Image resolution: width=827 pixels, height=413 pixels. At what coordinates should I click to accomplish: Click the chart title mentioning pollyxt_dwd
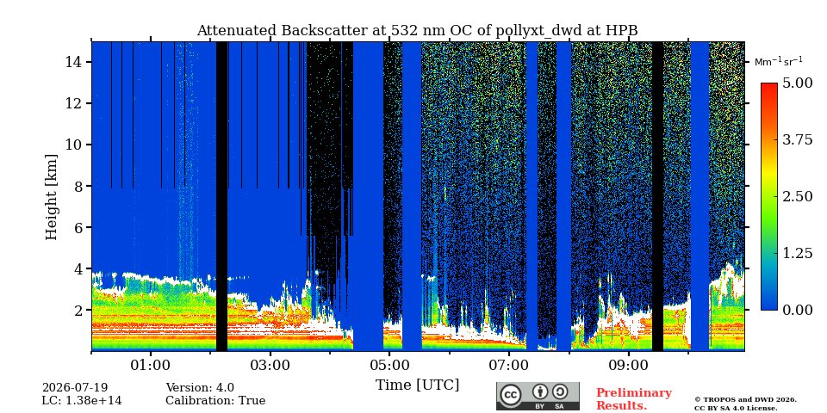(417, 31)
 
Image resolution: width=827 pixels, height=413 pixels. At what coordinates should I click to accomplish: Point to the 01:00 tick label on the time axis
(151, 365)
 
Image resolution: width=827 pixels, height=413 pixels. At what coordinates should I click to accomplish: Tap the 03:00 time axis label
(270, 365)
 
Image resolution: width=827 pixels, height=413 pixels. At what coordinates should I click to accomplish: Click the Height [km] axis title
(51, 197)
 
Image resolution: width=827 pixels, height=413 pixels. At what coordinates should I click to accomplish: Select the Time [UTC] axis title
(417, 385)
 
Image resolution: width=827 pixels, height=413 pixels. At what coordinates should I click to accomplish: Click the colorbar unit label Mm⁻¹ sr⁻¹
(779, 62)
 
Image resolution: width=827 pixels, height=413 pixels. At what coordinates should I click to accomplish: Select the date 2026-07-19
(75, 388)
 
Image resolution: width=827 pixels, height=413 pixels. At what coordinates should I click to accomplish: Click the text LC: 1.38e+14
(82, 401)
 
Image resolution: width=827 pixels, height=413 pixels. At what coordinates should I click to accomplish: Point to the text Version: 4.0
(200, 388)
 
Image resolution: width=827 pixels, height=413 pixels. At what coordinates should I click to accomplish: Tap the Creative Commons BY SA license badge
(538, 396)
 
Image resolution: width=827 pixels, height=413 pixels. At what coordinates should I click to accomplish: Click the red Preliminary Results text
(634, 399)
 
